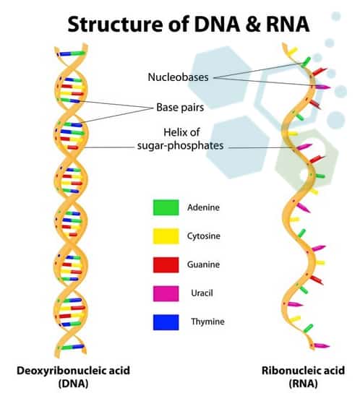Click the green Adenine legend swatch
click(166, 207)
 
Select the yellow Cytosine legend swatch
click(166, 236)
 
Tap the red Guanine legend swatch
click(166, 264)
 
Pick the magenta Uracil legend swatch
click(166, 293)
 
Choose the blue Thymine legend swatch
click(166, 322)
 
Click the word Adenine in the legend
click(203, 207)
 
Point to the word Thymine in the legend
click(207, 322)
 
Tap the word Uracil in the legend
click(202, 293)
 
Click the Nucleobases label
click(178, 77)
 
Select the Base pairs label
click(180, 108)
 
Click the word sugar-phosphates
click(181, 146)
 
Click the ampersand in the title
click(253, 24)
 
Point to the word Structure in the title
click(115, 24)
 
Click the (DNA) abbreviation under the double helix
click(73, 384)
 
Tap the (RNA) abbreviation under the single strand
click(303, 384)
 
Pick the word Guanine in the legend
click(203, 264)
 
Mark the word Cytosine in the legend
click(203, 236)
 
